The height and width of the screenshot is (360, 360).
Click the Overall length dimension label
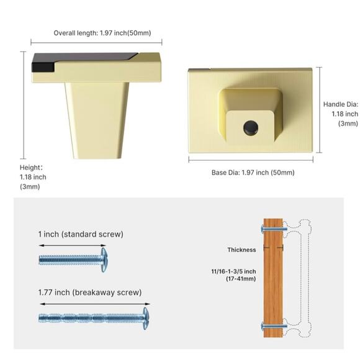[x=102, y=33]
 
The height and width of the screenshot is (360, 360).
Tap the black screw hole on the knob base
[x=251, y=127]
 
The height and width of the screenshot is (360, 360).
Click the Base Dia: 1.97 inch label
[x=253, y=173]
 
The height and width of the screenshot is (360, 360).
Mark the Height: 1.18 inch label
[x=33, y=177]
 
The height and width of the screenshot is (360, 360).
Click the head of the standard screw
[x=104, y=259]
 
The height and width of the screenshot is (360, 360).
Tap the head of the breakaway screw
[x=146, y=318]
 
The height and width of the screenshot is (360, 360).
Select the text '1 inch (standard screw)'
[x=81, y=234]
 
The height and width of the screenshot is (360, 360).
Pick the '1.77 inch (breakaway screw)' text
[x=90, y=292]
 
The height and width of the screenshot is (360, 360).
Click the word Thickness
[x=241, y=250]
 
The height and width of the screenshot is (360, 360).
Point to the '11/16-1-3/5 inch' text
[x=233, y=271]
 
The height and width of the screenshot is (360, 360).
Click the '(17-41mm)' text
[x=241, y=279]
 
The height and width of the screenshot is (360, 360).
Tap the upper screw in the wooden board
[x=274, y=229]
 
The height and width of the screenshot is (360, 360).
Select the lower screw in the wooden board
[x=274, y=326]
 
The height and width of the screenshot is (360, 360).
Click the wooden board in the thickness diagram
[x=273, y=278]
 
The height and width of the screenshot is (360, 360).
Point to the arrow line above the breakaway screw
[x=95, y=304]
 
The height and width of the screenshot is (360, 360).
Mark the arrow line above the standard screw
[x=73, y=245]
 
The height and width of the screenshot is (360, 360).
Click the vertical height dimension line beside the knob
[x=23, y=105]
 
